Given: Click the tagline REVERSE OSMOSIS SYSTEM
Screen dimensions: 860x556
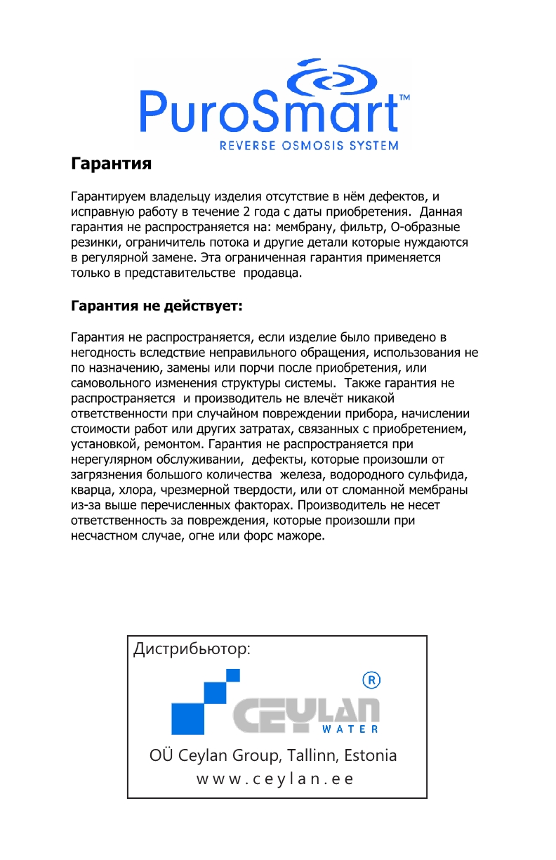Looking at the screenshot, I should coord(309,146).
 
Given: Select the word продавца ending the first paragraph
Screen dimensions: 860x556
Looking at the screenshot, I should coord(272,273).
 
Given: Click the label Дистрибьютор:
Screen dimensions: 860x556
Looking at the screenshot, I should coord(191,649).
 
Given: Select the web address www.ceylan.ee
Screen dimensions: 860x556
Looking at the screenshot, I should coord(274,779).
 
